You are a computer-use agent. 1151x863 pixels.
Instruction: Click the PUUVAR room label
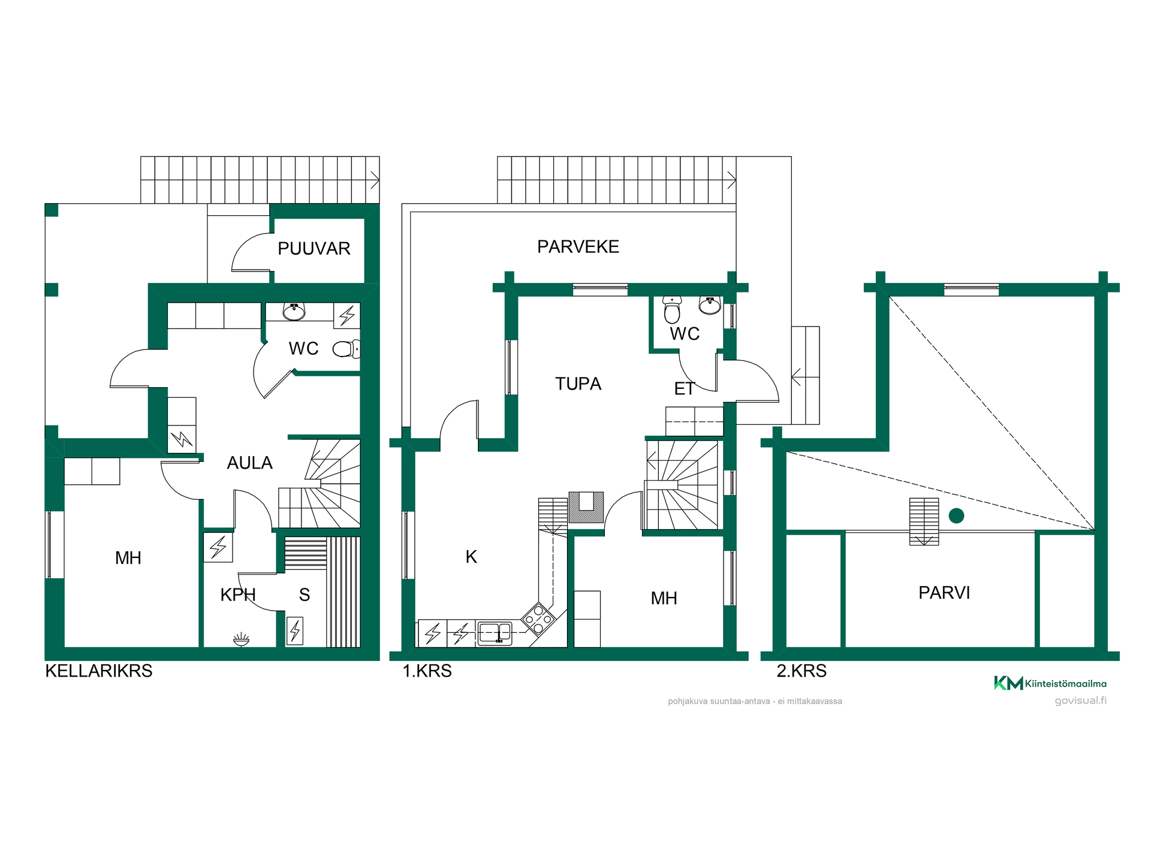[314, 249]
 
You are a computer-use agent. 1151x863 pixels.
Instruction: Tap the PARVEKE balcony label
[578, 247]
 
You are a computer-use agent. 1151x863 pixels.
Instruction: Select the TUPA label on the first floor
[578, 384]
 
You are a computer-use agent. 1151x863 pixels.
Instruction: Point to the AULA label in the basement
[249, 463]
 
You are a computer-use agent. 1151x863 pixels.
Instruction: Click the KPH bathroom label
[238, 595]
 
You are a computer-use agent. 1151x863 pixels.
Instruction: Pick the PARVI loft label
[944, 593]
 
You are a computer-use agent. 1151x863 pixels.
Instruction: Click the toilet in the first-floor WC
[672, 309]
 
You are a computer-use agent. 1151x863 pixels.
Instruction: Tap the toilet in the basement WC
[346, 349]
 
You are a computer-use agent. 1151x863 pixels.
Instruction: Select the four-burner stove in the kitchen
[538, 619]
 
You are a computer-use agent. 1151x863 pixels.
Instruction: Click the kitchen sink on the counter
[495, 633]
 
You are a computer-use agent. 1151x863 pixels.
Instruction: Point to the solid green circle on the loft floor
[956, 515]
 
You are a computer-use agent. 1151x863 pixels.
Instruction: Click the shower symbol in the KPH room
[241, 639]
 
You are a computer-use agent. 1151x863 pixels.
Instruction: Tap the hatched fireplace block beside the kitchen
[586, 508]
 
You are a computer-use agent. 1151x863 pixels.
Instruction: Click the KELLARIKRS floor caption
[99, 671]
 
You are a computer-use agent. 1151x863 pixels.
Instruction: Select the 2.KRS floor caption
[802, 671]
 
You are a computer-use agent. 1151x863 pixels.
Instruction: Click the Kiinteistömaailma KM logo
[1050, 683]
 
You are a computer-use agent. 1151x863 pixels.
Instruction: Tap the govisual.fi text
[1080, 701]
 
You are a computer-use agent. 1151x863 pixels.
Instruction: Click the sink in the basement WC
[294, 312]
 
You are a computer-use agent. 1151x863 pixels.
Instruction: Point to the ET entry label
[684, 389]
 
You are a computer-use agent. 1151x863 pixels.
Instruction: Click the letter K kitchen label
[471, 557]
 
